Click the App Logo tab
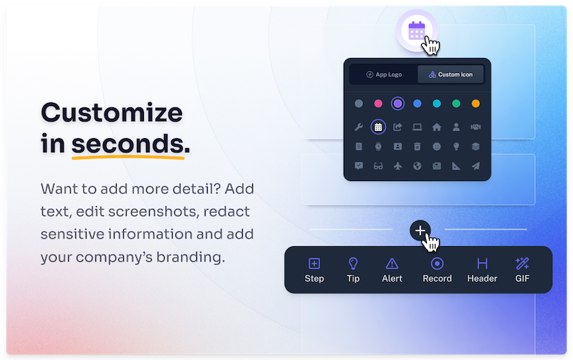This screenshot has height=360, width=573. click(383, 74)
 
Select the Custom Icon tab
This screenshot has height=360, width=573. click(451, 74)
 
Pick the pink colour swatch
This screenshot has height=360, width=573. click(378, 104)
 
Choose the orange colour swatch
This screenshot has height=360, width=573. click(476, 104)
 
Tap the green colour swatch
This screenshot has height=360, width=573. click(456, 104)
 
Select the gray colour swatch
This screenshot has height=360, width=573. click(359, 104)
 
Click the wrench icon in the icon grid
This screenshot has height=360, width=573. click(359, 127)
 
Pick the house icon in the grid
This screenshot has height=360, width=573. click(437, 127)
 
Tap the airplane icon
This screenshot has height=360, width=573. click(398, 166)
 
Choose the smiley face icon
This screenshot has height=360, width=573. click(437, 147)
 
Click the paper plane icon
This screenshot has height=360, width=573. click(476, 166)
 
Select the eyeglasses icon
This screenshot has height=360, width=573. click(378, 166)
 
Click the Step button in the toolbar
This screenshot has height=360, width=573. click(314, 270)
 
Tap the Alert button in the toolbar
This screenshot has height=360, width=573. click(392, 270)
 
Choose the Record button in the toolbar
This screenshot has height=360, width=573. click(437, 270)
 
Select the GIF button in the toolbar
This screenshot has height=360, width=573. click(522, 270)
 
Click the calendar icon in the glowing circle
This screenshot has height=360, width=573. click(416, 31)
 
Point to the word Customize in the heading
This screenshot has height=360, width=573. click(112, 112)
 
